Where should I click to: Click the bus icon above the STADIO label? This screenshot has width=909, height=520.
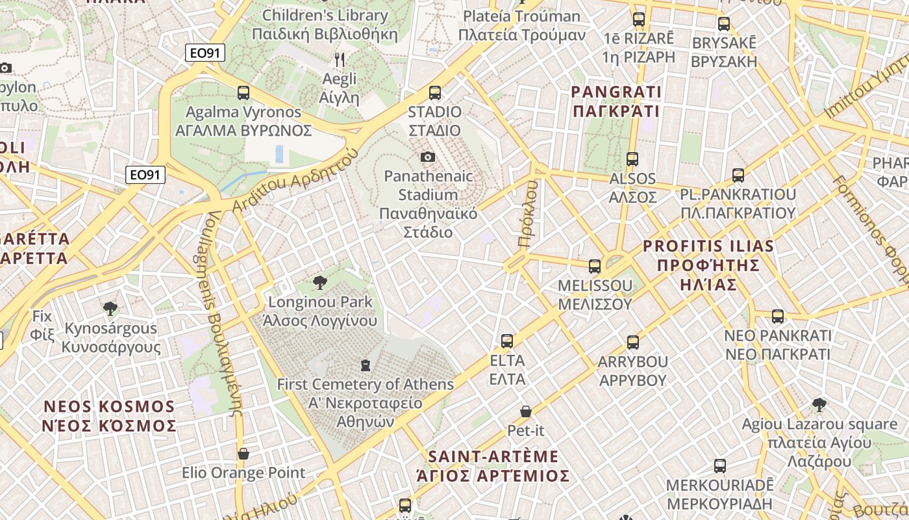[434, 93]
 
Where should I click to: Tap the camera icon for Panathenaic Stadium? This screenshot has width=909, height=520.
[427, 157]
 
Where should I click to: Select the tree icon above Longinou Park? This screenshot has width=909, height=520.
[319, 283]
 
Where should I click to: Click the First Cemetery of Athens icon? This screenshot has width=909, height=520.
[366, 365]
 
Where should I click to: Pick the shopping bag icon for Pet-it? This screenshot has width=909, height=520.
[526, 411]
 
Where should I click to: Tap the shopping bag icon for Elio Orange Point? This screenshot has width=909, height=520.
[243, 453]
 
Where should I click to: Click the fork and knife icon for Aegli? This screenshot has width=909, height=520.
[340, 60]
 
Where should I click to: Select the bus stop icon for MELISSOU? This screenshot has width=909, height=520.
[594, 266]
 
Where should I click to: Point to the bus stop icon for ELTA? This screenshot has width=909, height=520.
[507, 341]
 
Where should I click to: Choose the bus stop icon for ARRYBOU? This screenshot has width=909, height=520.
[632, 342]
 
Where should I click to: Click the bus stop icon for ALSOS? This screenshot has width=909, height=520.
[632, 159]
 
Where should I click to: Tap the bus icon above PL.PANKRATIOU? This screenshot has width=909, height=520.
[738, 175]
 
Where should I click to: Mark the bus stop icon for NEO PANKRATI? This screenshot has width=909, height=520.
[777, 317]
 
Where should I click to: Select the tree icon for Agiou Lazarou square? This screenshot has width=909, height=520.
[819, 405]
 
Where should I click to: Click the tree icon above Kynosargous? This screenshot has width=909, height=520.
[110, 308]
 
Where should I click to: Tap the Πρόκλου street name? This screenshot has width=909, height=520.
[529, 214]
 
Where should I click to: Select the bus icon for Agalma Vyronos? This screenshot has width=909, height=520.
[243, 93]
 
